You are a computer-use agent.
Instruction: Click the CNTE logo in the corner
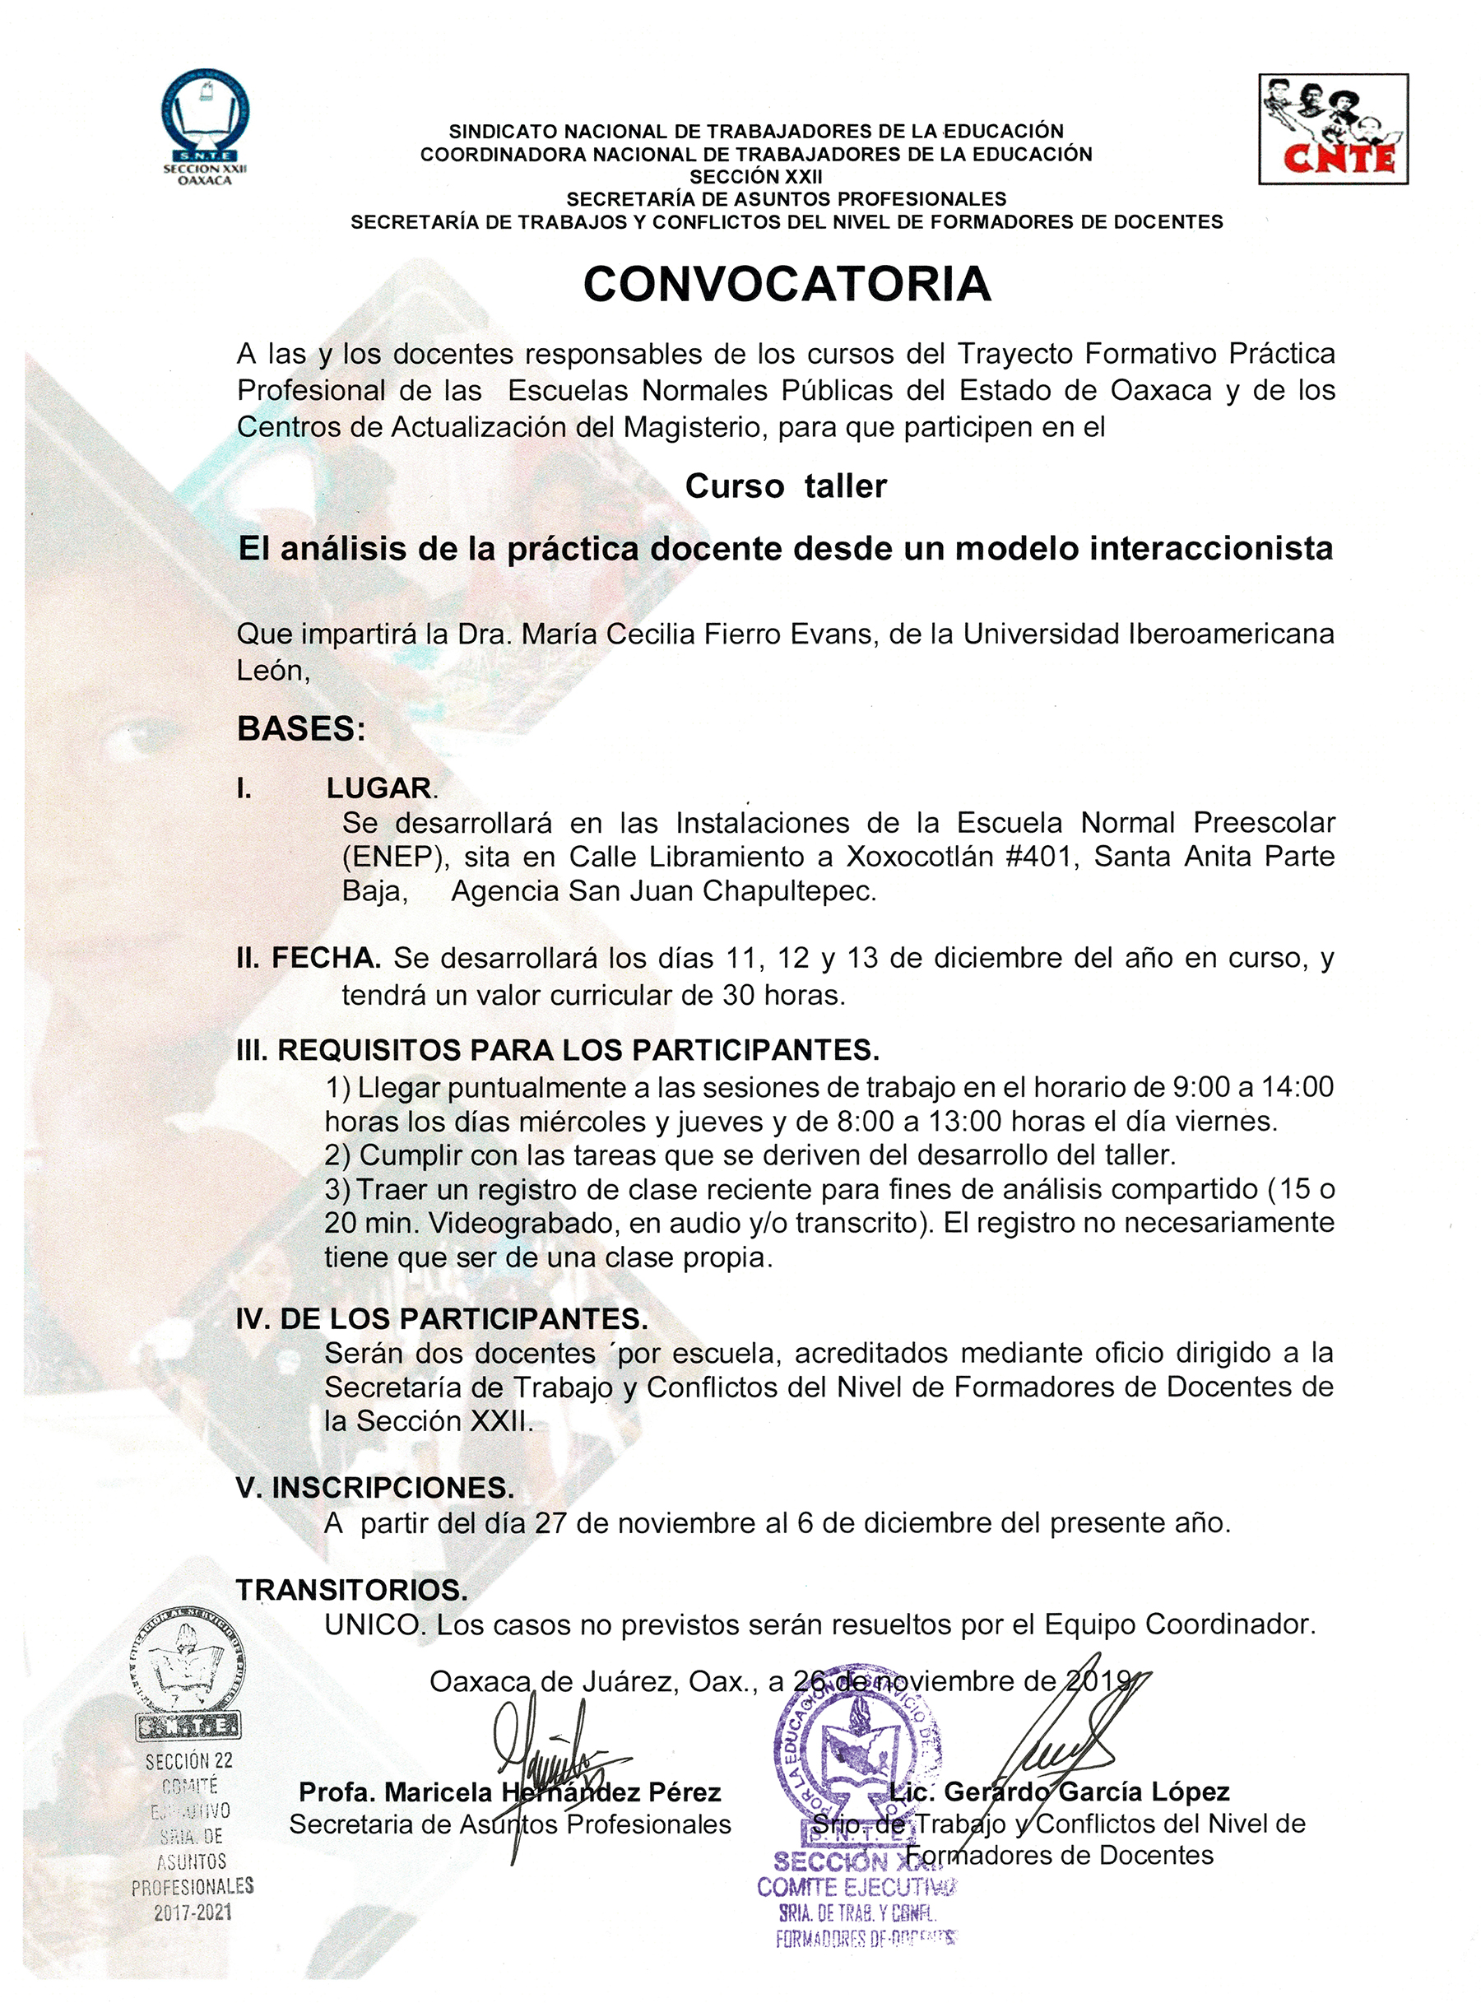coord(1333,129)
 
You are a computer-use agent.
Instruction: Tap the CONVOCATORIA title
coord(787,285)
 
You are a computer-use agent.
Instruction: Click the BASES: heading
coord(301,729)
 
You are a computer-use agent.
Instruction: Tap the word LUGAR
coord(379,788)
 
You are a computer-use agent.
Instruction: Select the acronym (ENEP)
coord(394,857)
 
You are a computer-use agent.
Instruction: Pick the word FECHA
coord(326,958)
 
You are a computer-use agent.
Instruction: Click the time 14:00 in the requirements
coord(1298,1087)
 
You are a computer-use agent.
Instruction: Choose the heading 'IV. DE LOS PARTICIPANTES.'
coord(441,1319)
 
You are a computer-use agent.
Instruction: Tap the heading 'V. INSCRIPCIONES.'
coord(374,1488)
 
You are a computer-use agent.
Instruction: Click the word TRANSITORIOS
coord(351,1590)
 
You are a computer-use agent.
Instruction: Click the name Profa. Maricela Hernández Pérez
coord(509,1792)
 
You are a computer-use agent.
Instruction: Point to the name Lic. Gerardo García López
coord(1060,1792)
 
